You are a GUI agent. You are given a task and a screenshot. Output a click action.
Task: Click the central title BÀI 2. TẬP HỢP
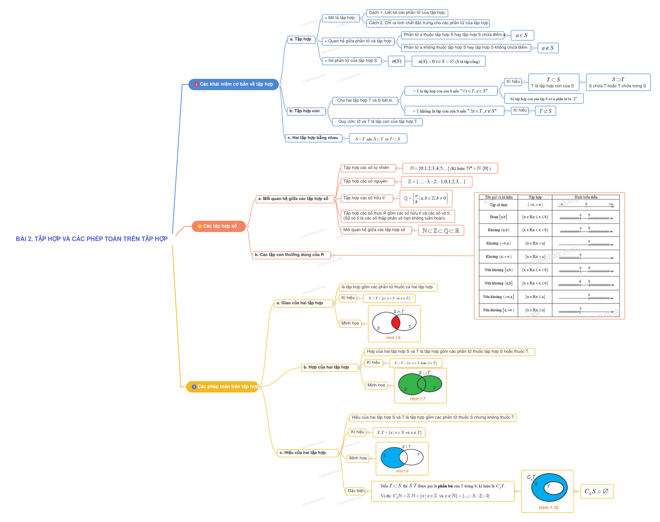click(92, 239)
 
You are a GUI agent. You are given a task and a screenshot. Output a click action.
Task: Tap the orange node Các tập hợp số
click(219, 226)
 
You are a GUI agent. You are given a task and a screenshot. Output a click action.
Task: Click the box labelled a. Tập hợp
click(301, 39)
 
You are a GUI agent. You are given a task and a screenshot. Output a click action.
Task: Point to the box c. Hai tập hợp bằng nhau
click(313, 138)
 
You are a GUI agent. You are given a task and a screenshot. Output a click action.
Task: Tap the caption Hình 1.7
click(417, 399)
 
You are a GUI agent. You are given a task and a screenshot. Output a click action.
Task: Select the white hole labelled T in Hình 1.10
click(553, 488)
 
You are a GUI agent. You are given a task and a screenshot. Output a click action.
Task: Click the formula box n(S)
click(397, 61)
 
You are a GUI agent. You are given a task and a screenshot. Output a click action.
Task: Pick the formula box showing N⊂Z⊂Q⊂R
click(440, 231)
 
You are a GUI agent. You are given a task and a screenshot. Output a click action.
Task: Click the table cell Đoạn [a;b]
click(498, 217)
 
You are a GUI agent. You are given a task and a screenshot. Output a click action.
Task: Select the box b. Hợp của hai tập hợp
click(329, 367)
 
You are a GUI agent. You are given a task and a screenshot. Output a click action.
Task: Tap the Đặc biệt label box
click(356, 491)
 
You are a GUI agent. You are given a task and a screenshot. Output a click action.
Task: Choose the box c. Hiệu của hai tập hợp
click(308, 453)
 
